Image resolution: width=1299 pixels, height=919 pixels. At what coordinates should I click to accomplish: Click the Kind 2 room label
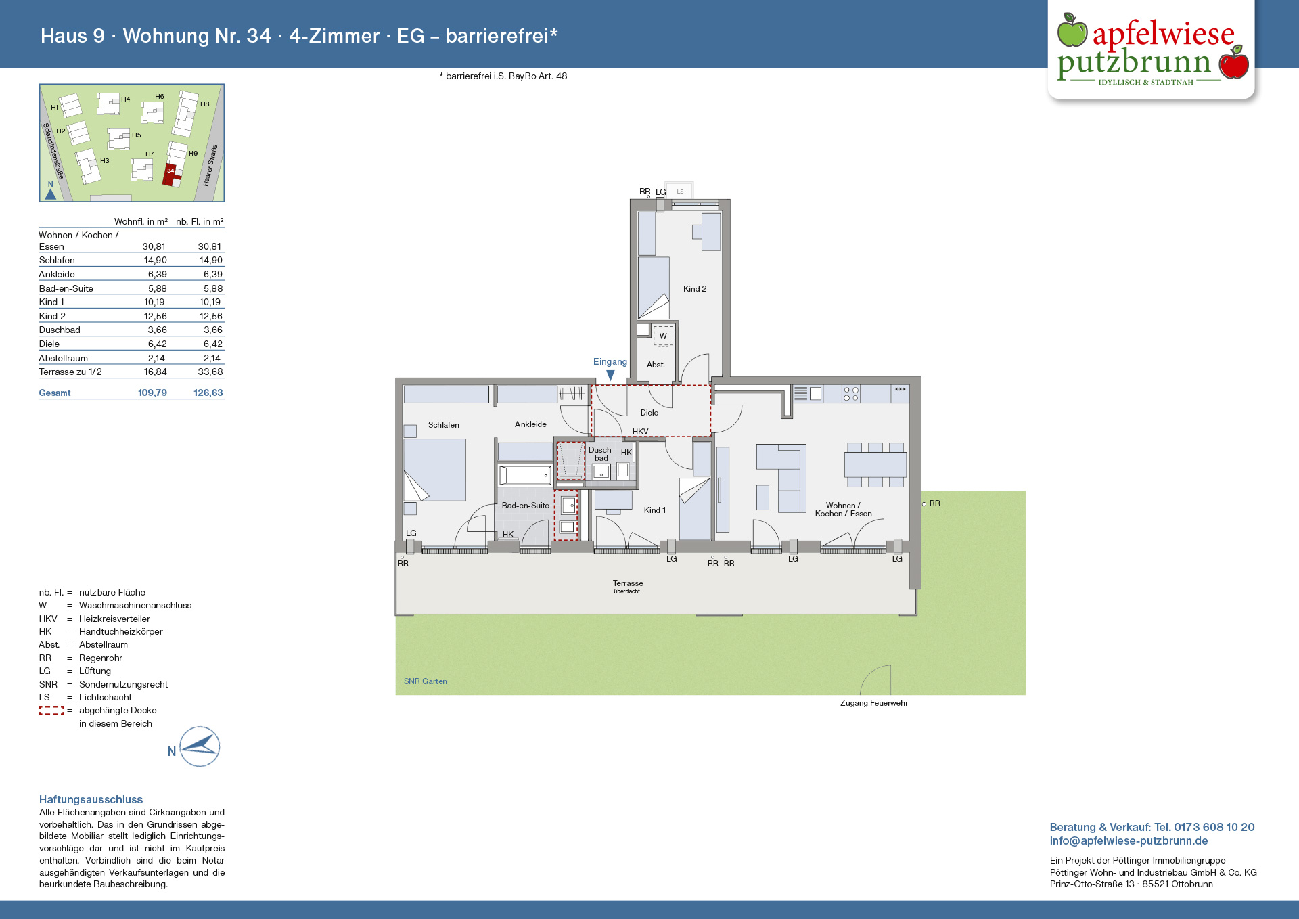(695, 289)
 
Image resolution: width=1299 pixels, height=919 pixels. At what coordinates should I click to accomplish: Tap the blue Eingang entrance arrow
(610, 375)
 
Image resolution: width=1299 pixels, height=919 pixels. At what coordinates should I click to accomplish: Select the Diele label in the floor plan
(649, 413)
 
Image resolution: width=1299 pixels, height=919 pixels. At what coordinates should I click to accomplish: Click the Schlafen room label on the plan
(444, 425)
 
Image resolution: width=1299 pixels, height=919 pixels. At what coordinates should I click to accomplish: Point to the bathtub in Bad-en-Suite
(525, 475)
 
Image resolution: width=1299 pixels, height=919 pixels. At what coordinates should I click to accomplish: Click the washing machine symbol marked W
(663, 336)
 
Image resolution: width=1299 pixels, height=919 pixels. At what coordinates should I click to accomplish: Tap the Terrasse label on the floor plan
(628, 583)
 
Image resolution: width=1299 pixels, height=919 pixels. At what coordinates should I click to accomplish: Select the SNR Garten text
(426, 681)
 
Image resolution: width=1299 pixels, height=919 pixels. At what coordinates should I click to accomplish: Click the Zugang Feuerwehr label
(874, 703)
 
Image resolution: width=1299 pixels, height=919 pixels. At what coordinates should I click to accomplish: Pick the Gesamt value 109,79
(153, 393)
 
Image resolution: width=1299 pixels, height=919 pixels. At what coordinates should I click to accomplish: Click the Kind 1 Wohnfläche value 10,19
(154, 302)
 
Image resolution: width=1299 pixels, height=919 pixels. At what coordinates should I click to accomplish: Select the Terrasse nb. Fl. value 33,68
(210, 372)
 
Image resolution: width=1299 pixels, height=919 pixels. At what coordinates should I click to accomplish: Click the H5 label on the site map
(137, 135)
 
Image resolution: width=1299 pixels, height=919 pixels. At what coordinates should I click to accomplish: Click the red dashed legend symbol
(51, 711)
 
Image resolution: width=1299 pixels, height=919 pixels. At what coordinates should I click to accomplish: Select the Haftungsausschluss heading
(91, 800)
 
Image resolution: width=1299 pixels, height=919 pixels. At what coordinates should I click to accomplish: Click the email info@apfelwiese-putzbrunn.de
(1129, 841)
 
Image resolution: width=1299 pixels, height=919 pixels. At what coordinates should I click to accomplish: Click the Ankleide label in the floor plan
(530, 424)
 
